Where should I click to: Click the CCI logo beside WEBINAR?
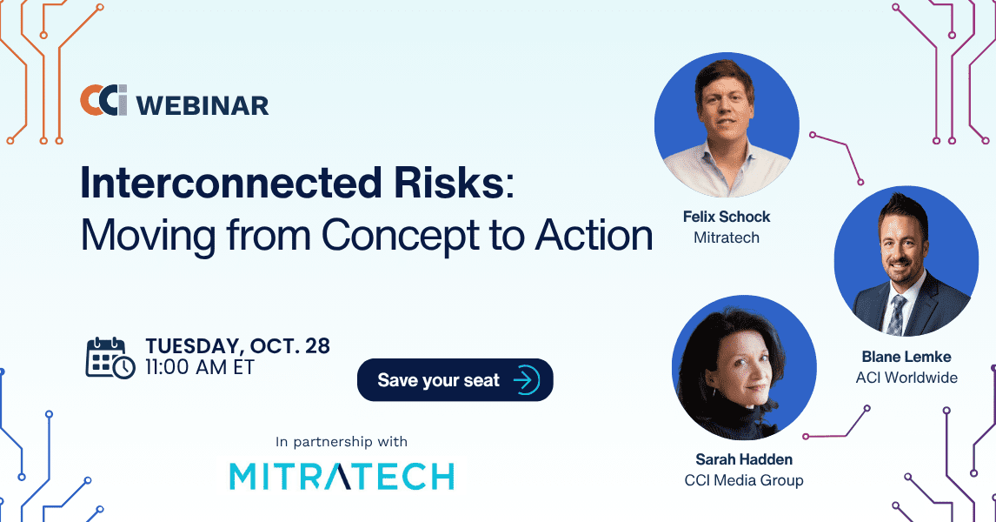tap(103, 100)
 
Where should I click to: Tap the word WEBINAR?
tap(203, 105)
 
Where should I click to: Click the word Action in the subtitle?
tap(594, 235)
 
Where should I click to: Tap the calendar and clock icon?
tap(110, 358)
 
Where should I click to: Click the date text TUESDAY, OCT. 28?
tap(237, 346)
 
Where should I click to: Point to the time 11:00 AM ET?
tap(199, 367)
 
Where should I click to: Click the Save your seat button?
tap(455, 380)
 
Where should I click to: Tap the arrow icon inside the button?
tap(526, 380)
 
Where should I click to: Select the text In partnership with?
tap(341, 442)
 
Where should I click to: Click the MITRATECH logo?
tap(342, 476)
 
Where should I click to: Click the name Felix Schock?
tap(727, 217)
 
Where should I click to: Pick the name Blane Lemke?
tap(906, 357)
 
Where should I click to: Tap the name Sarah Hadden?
tap(744, 459)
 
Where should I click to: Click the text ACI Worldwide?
tap(906, 378)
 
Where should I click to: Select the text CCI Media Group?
tap(744, 480)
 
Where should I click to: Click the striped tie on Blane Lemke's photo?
tap(897, 315)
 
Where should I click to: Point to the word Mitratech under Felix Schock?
tap(727, 238)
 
